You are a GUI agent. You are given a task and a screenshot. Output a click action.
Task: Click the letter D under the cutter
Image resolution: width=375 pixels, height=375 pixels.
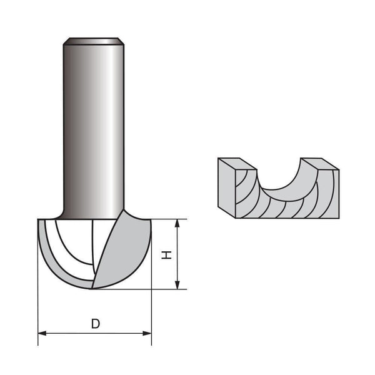coord(95,324)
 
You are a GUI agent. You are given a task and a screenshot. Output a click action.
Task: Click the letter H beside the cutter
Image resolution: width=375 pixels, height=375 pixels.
coord(166,254)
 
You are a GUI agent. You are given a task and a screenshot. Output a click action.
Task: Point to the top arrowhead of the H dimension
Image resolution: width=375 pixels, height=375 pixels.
coord(178,223)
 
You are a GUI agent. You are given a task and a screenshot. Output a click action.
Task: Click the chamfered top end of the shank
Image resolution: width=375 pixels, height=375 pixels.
coord(93,41)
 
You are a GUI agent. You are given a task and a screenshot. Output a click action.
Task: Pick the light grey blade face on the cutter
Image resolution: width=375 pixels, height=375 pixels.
coord(125,250)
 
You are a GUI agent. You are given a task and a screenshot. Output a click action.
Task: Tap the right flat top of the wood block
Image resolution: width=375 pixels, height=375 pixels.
coord(318,164)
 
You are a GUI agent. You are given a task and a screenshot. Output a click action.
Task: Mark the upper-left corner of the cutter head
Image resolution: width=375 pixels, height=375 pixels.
coord(39,220)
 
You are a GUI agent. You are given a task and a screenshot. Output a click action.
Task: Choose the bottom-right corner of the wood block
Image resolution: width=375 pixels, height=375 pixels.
coord(339,217)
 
